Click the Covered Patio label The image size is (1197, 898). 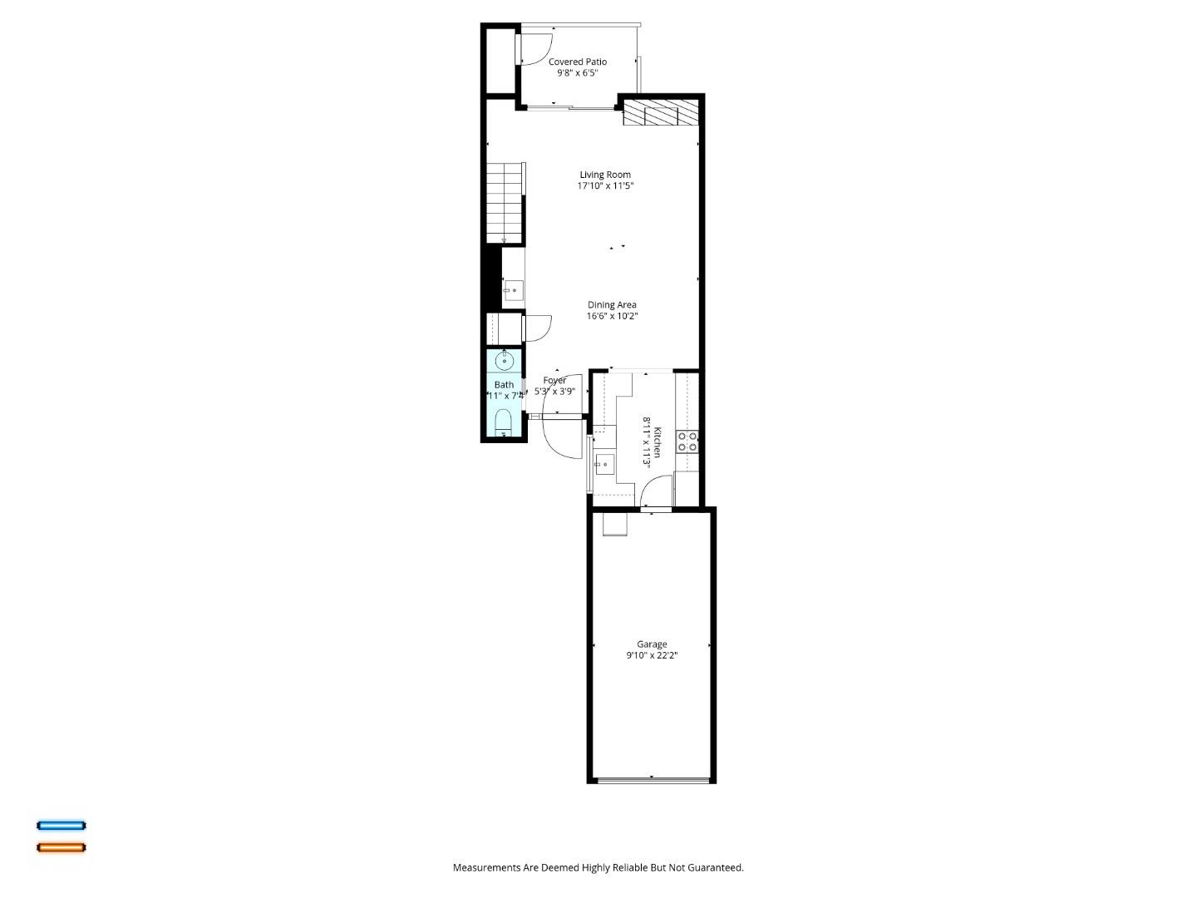point(577,62)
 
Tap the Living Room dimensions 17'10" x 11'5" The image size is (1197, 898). point(605,186)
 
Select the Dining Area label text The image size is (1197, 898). point(612,305)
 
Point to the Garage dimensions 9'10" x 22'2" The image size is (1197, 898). point(652,655)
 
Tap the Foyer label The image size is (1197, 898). point(554,381)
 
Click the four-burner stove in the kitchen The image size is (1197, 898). point(687,442)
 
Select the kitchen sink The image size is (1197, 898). point(604,464)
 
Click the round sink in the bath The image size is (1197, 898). point(504,361)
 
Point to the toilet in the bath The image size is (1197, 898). point(503,422)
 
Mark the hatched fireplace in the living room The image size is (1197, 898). point(660,113)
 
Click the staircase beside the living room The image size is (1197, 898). point(504,201)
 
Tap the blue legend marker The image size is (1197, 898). point(61,826)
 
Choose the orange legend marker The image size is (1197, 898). point(61,847)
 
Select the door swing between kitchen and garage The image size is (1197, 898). point(656,492)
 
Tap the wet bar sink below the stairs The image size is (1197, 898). point(513,291)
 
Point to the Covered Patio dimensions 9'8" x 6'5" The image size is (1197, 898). point(577,73)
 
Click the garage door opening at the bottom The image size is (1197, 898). point(653,780)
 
